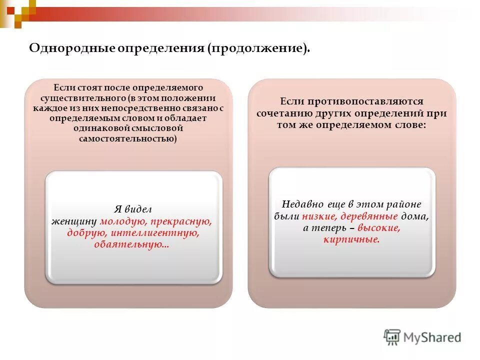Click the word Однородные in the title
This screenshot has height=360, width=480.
72,48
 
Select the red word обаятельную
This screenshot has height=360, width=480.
131,245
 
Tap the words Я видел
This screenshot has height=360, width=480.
133,209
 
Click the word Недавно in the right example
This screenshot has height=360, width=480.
303,204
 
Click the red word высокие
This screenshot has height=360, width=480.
378,228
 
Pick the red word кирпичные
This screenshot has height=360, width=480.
351,240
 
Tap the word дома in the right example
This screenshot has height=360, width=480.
414,216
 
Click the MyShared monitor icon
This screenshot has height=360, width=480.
392,337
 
